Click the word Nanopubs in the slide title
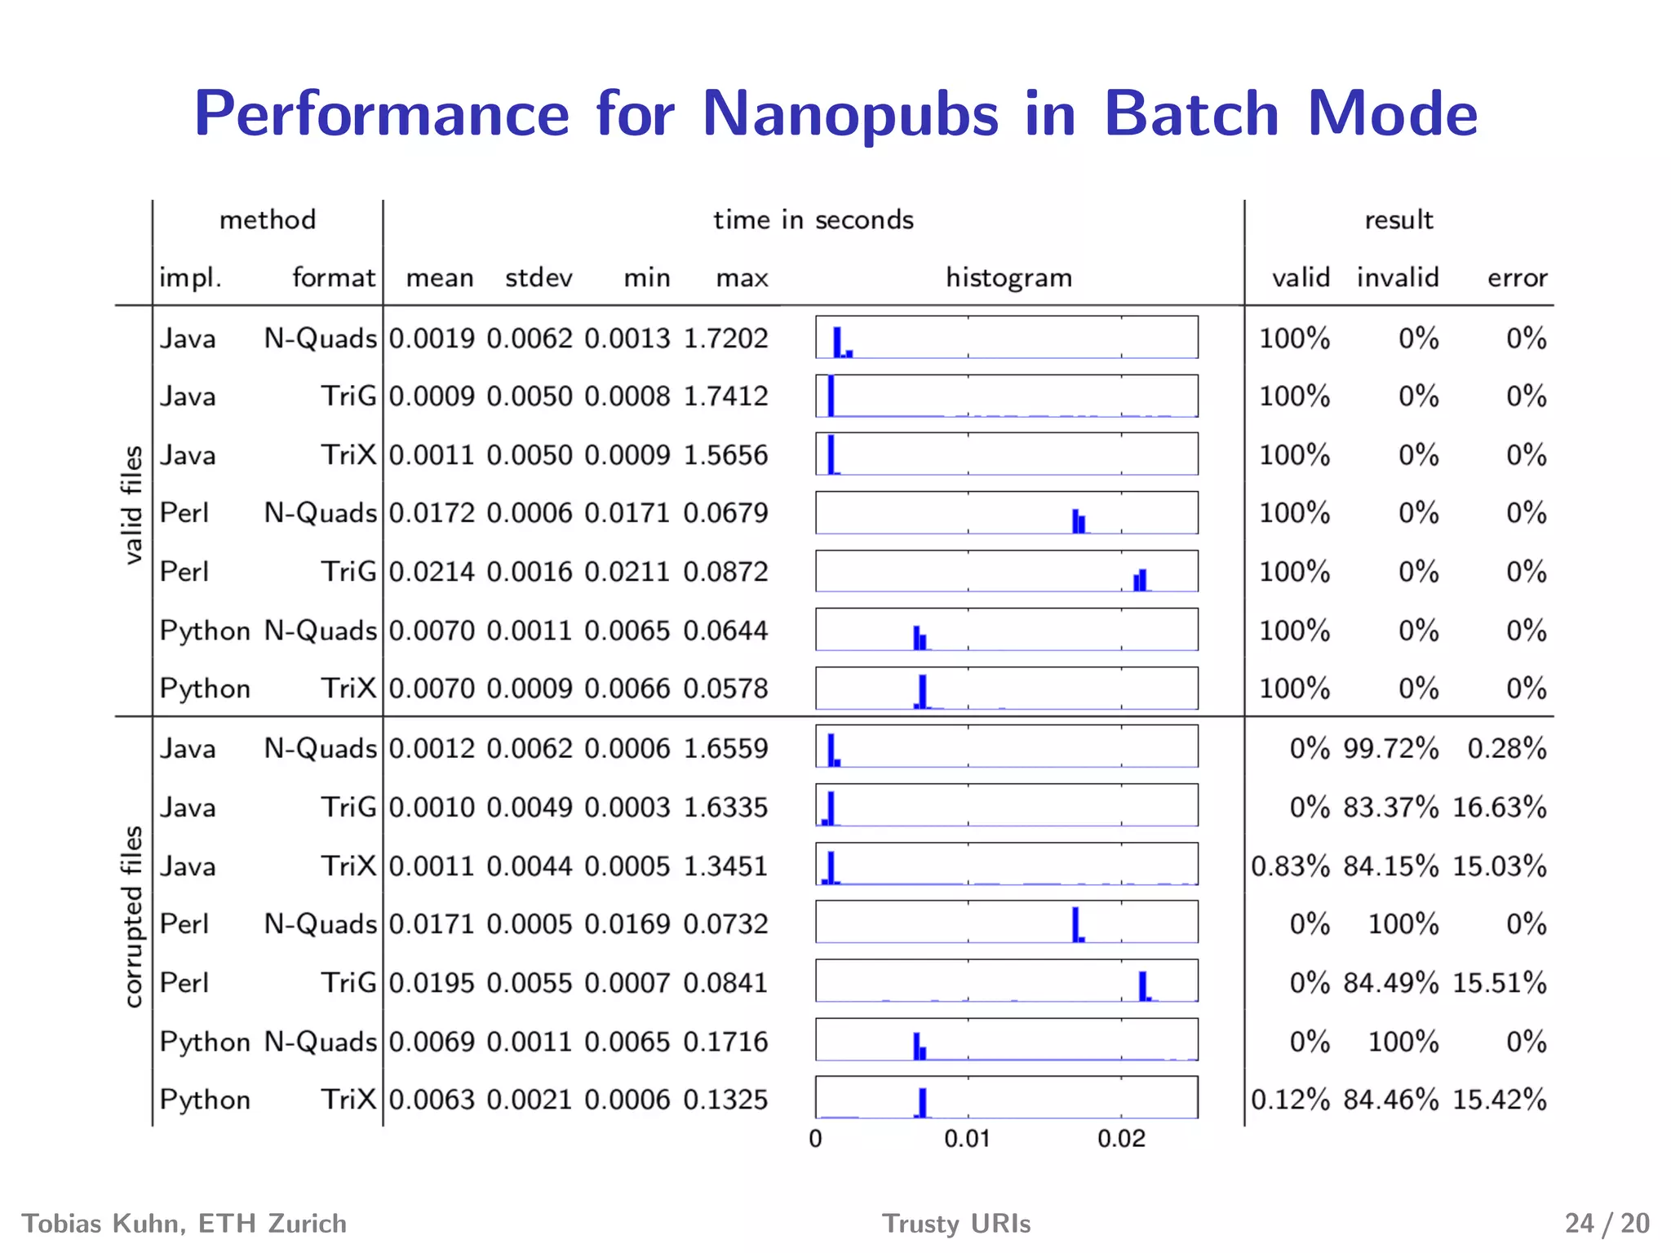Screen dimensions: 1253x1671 tap(849, 114)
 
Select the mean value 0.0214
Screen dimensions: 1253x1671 tap(432, 572)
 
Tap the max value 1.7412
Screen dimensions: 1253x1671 tap(725, 396)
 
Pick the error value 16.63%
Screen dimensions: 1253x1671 tap(1499, 808)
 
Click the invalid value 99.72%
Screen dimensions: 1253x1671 tap(1391, 749)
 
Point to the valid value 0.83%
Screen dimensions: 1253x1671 tap(1290, 866)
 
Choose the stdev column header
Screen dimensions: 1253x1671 tap(539, 278)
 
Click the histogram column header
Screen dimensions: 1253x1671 tap(1008, 278)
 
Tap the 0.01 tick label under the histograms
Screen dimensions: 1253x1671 tap(967, 1139)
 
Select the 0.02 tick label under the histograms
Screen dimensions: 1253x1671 tap(1120, 1139)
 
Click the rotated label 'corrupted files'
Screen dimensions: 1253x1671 tap(133, 916)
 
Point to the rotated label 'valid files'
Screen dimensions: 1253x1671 tap(133, 505)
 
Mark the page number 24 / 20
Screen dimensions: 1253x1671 tap(1607, 1224)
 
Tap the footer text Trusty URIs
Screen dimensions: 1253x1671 tap(956, 1224)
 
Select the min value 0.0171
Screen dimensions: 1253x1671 tap(627, 513)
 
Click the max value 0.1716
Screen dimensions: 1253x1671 tap(725, 1042)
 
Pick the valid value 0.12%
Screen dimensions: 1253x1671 tap(1290, 1100)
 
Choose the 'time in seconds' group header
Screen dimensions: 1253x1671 tap(813, 220)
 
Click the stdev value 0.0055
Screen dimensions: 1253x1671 tap(530, 983)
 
